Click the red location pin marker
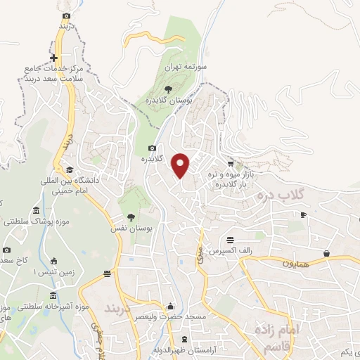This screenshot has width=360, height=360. (x=181, y=165)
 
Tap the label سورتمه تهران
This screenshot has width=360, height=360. (x=184, y=67)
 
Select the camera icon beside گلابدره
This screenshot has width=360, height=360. (x=153, y=148)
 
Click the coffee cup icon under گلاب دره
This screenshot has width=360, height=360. (x=304, y=214)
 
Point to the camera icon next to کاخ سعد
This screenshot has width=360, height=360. (x=7, y=250)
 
